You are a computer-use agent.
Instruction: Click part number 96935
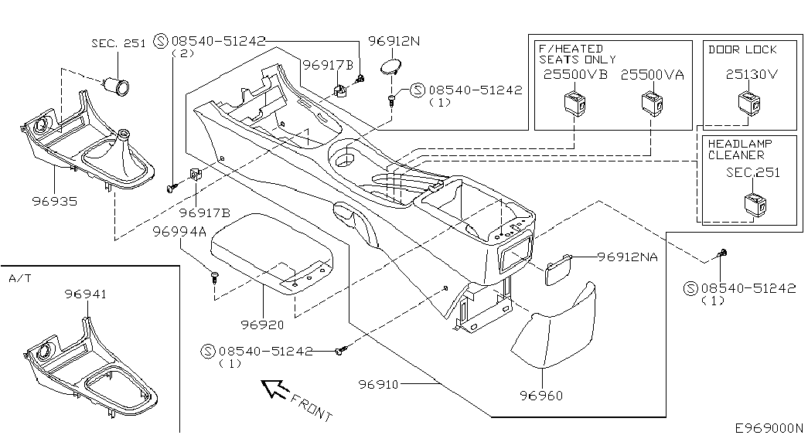coord(55,201)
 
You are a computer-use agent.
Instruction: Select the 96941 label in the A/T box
coord(86,294)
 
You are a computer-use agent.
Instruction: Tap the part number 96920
coord(262,325)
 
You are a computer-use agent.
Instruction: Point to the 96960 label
coord(541,395)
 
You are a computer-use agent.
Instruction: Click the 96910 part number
coord(379,384)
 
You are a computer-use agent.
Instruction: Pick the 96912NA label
coord(628,256)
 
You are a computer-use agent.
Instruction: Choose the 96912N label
coord(394,41)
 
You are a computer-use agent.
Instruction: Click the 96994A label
coord(179,232)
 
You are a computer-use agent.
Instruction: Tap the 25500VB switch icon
coord(574,103)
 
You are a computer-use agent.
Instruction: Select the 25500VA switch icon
coord(652,103)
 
